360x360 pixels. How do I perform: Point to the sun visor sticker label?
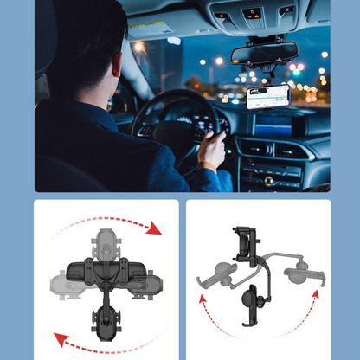click(160, 25)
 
